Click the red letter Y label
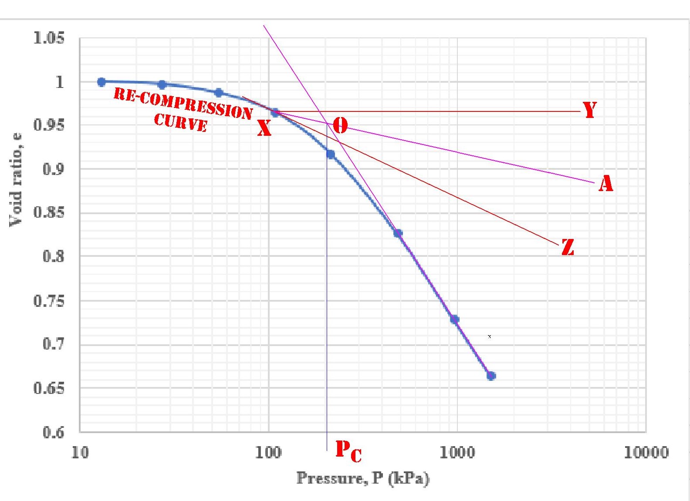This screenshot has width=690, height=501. click(x=590, y=110)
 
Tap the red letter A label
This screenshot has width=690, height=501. click(x=605, y=183)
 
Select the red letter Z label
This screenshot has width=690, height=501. click(x=568, y=247)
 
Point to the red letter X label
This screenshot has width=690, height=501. click(x=264, y=128)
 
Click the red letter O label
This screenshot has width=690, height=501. click(x=340, y=126)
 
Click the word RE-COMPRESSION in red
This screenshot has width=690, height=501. click(x=183, y=103)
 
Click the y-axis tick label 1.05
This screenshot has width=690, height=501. click(x=49, y=38)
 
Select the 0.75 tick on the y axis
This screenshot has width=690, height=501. click(x=49, y=300)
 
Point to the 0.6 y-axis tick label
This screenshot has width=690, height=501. click(x=53, y=432)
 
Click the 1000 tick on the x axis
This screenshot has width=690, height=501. click(x=457, y=453)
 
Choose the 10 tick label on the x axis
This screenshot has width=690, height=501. click(x=80, y=453)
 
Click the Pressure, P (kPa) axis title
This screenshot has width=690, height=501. click(x=363, y=478)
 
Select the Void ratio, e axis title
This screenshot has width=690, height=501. click(x=16, y=179)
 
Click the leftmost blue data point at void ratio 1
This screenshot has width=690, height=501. click(x=101, y=82)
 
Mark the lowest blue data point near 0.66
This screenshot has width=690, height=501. click(x=491, y=376)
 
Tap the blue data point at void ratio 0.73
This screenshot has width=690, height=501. click(x=454, y=319)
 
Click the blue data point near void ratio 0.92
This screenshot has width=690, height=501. click(x=331, y=154)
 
